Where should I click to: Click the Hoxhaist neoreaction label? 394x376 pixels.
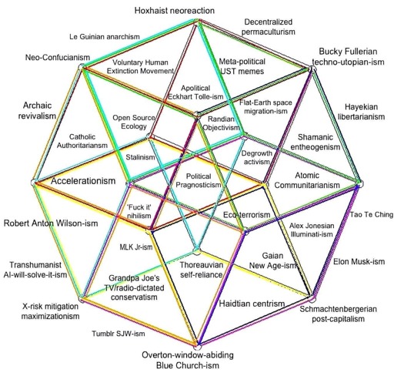pyautogui.click(x=175, y=11)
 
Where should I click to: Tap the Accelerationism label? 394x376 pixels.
pyautogui.click(x=83, y=181)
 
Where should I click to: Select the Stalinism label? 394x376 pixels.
pyautogui.click(x=140, y=157)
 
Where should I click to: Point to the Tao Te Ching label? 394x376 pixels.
pyautogui.click(x=372, y=214)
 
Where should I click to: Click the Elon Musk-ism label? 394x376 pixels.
pyautogui.click(x=359, y=262)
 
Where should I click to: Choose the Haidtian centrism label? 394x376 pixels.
pyautogui.click(x=252, y=304)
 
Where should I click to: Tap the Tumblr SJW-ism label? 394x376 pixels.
pyautogui.click(x=119, y=334)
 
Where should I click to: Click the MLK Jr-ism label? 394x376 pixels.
pyautogui.click(x=136, y=247)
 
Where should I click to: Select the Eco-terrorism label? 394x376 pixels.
pyautogui.click(x=246, y=215)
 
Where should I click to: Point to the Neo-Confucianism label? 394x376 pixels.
pyautogui.click(x=58, y=57)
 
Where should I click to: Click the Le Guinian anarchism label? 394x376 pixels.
pyautogui.click(x=105, y=37)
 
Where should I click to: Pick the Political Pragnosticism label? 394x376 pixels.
pyautogui.click(x=199, y=180)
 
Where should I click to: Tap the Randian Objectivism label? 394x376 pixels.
pyautogui.click(x=221, y=123)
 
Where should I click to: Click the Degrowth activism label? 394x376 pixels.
pyautogui.click(x=256, y=157)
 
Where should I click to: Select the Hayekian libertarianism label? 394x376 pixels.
pyautogui.click(x=361, y=112)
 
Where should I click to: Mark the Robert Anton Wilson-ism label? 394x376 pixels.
pyautogui.click(x=51, y=223)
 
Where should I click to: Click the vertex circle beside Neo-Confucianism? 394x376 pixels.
pyautogui.click(x=82, y=66)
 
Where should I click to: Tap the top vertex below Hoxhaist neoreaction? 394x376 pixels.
pyautogui.click(x=198, y=22)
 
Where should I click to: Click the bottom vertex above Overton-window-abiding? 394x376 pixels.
pyautogui.click(x=197, y=347)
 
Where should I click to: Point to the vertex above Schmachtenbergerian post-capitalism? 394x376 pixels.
pyautogui.click(x=312, y=299)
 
